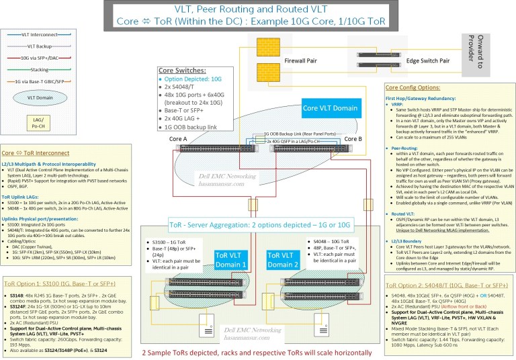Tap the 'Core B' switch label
point(353,138)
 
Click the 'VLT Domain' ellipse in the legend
point(33,97)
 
